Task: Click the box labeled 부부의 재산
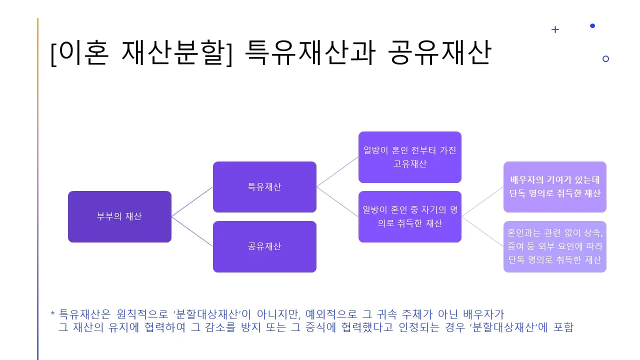click(x=119, y=216)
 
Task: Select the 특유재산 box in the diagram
click(x=264, y=187)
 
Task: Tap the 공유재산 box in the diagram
click(x=264, y=246)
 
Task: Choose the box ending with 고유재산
click(x=409, y=157)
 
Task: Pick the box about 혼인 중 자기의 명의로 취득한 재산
click(x=409, y=216)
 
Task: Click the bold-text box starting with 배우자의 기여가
click(x=554, y=187)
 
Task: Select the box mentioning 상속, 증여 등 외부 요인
click(x=554, y=246)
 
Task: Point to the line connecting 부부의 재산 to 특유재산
click(x=192, y=201)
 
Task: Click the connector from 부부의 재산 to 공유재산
click(x=192, y=231)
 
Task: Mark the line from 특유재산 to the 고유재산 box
click(x=337, y=171)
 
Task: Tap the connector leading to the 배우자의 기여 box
click(x=482, y=201)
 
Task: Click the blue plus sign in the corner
click(x=555, y=29)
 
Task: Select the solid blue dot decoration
click(x=592, y=25)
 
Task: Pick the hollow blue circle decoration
click(x=605, y=58)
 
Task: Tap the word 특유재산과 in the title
click(x=309, y=53)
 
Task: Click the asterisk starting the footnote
click(x=52, y=314)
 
